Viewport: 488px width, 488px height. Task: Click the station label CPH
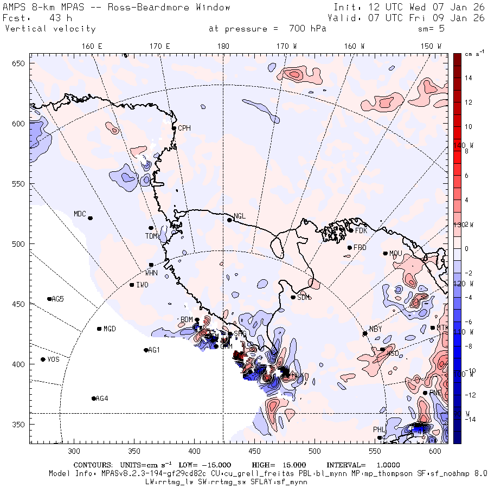click(x=185, y=128)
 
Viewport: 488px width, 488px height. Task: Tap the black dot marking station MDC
click(x=91, y=218)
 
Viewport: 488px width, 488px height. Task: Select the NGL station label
click(x=239, y=216)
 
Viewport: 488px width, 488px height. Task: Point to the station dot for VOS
click(x=43, y=359)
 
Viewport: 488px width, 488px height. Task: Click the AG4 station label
click(x=102, y=399)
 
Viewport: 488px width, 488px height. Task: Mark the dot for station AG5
click(x=49, y=299)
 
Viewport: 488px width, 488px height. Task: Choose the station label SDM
click(x=304, y=297)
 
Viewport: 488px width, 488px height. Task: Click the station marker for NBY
click(x=365, y=333)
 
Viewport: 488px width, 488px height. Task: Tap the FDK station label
click(x=361, y=230)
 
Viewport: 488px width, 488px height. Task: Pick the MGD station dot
click(x=99, y=329)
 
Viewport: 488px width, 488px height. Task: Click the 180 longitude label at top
click(x=223, y=47)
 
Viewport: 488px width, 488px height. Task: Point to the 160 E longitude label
click(x=92, y=47)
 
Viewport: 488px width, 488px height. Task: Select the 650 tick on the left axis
click(x=20, y=64)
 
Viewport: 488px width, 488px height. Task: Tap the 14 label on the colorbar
click(x=468, y=78)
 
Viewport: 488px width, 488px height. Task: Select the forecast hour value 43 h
click(x=60, y=18)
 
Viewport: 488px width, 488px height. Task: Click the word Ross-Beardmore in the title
click(x=142, y=8)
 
